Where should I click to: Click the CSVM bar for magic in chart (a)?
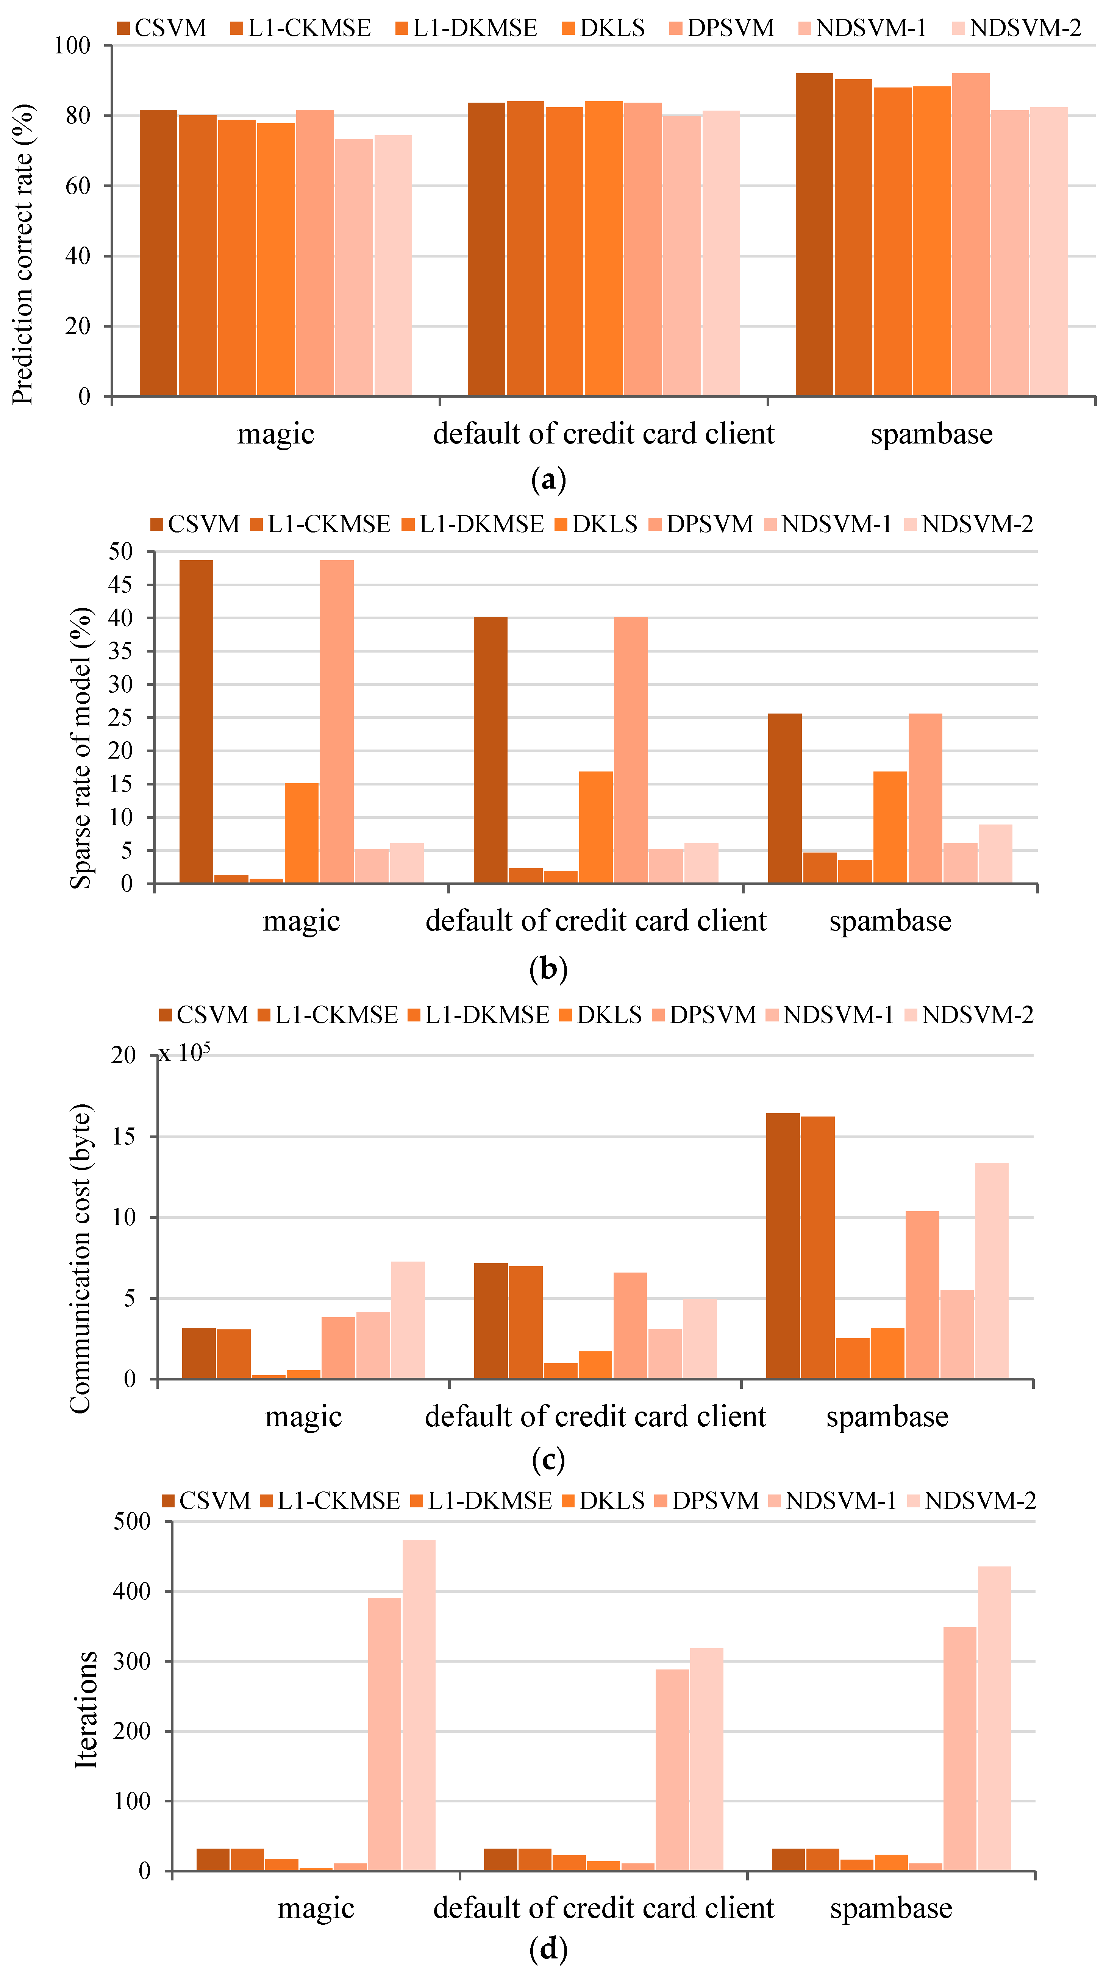pos(158,253)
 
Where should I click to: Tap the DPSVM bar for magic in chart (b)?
pos(337,721)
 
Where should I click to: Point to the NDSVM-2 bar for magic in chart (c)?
pos(408,1320)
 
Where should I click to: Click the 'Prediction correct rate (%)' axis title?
pos(23,253)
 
